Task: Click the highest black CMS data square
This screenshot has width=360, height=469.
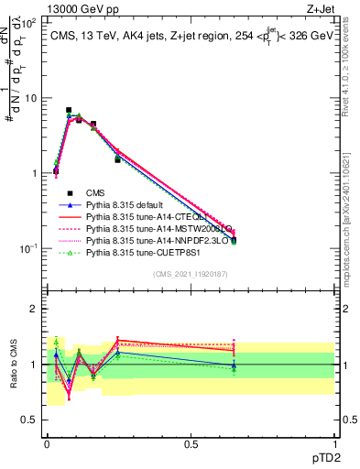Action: tap(69, 110)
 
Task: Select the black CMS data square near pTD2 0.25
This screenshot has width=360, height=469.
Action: tap(117, 159)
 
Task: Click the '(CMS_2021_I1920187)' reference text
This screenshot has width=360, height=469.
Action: tap(191, 274)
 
